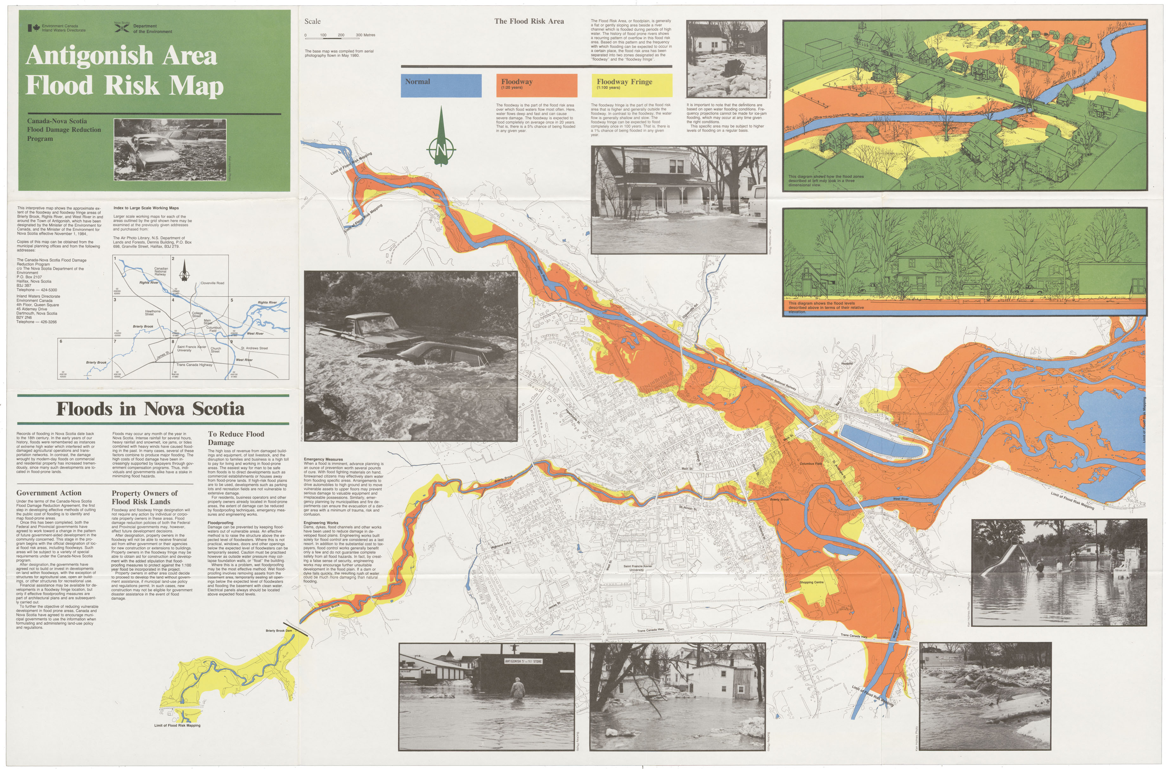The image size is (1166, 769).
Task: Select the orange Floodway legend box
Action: (x=536, y=85)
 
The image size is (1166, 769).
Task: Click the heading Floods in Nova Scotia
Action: (x=150, y=409)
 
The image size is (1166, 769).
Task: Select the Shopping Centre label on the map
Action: (x=811, y=583)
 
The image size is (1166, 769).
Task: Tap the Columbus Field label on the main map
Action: (x=810, y=463)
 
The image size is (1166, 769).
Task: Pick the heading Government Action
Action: (x=49, y=493)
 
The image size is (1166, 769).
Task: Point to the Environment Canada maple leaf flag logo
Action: (x=33, y=28)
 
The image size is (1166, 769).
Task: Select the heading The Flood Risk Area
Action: (x=529, y=21)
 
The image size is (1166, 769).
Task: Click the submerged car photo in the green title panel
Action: (x=170, y=149)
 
